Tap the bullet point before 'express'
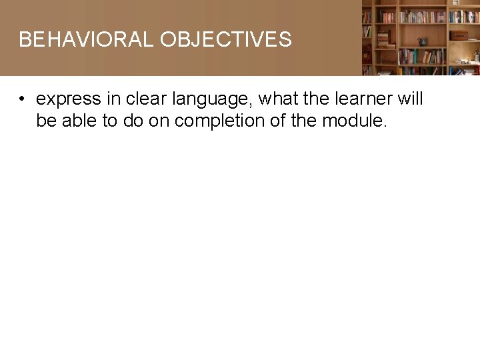point(22,100)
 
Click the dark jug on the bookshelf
point(423,41)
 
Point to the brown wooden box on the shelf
point(459,35)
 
